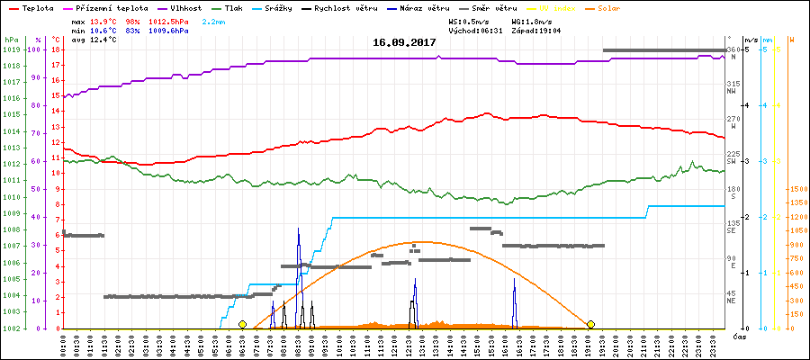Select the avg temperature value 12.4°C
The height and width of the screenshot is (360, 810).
point(103,40)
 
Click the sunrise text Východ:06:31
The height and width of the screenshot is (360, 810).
point(474,31)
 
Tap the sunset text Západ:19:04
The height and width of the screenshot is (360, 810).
point(536,31)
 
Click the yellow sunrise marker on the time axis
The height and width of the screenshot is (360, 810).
point(242,324)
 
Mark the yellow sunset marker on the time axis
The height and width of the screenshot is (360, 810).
point(590,324)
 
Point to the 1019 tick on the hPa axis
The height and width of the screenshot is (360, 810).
point(11,49)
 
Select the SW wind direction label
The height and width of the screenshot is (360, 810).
point(733,161)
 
